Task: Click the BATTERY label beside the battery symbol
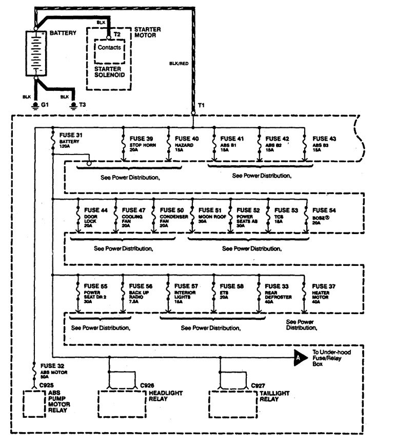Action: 63,33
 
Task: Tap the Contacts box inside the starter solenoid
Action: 109,47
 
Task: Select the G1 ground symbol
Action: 35,105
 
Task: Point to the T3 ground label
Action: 82,105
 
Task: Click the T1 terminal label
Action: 201,105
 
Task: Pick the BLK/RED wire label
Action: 177,64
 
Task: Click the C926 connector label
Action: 148,384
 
